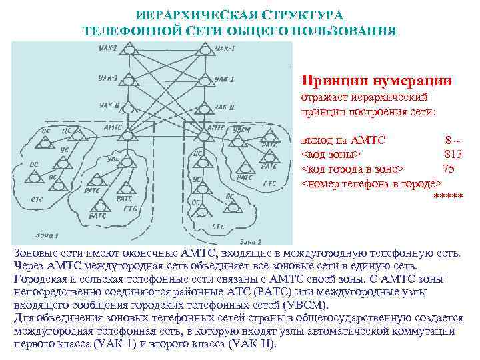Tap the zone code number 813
tap(453, 155)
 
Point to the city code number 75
tap(448, 169)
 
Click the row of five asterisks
tap(448, 197)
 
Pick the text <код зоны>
tap(331, 155)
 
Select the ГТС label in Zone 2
tap(269, 183)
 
